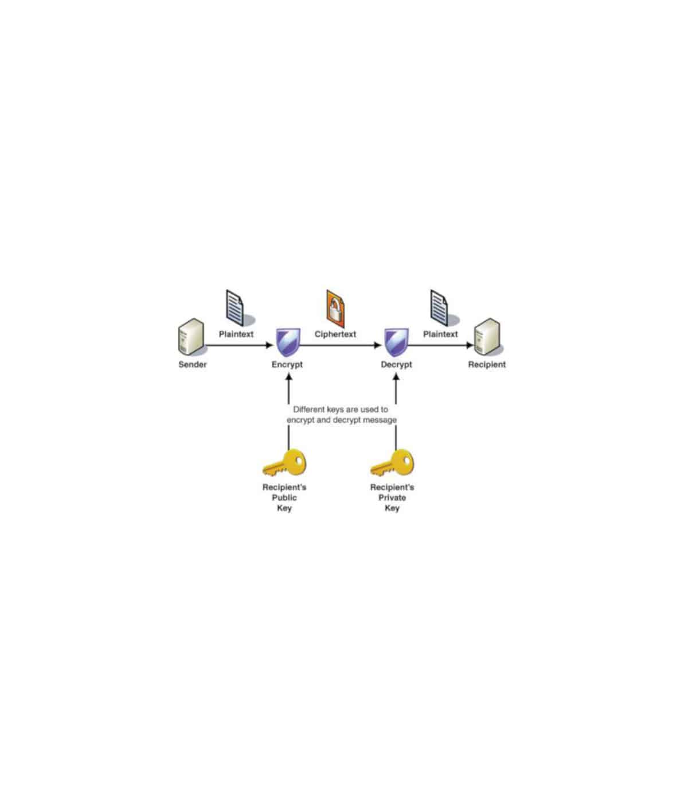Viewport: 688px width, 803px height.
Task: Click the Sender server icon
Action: point(191,337)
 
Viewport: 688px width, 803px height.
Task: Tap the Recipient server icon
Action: point(488,337)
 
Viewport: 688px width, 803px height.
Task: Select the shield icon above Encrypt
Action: point(288,342)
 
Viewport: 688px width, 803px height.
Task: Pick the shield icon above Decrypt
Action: point(396,342)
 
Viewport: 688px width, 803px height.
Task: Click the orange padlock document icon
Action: point(335,309)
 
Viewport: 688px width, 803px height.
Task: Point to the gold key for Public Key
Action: point(284,463)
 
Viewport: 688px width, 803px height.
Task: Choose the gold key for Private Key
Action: point(392,463)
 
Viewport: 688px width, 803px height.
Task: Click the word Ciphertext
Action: point(335,334)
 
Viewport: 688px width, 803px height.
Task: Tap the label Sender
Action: point(193,364)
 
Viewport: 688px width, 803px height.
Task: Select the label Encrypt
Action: point(287,365)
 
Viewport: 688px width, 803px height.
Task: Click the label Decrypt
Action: point(396,365)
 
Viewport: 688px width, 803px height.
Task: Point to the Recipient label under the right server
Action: point(487,365)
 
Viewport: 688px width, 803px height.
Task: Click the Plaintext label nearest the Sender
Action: point(236,334)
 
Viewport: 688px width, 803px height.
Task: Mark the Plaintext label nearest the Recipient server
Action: point(440,334)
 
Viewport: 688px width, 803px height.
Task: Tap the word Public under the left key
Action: point(284,498)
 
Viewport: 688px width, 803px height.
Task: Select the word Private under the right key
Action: point(392,498)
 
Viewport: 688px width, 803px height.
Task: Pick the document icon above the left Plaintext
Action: point(235,308)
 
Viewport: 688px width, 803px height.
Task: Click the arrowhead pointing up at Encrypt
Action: point(288,376)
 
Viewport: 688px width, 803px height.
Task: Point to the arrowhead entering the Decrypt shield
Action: point(377,345)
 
